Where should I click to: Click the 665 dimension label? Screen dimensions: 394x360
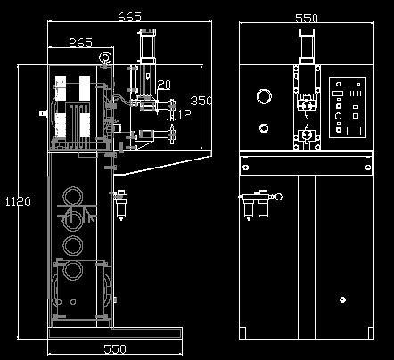click(129, 17)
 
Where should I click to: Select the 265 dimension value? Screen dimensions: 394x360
click(80, 43)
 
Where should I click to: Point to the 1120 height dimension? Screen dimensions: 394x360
click(18, 201)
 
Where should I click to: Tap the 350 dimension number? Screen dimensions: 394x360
click(201, 101)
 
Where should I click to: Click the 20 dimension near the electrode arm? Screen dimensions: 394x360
click(164, 85)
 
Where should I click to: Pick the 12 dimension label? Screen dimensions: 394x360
click(185, 114)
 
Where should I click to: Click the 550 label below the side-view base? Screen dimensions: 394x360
click(115, 349)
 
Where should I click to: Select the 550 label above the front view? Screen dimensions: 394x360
click(307, 19)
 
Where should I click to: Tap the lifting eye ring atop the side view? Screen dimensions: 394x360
click(105, 57)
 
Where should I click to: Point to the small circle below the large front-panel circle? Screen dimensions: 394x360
click(264, 128)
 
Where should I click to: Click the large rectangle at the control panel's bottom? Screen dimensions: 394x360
click(354, 131)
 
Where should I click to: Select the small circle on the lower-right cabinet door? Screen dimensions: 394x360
click(342, 299)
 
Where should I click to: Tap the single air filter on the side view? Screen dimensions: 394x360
click(121, 204)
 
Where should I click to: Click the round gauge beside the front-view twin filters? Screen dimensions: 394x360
click(279, 197)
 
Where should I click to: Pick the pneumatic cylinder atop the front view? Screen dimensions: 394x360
click(307, 46)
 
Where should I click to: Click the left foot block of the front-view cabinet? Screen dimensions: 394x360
click(242, 332)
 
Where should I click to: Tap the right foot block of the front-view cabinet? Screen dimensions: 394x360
click(371, 332)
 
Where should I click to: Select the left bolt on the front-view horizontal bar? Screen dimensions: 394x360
click(246, 168)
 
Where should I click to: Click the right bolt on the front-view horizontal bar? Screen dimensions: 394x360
click(368, 168)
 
